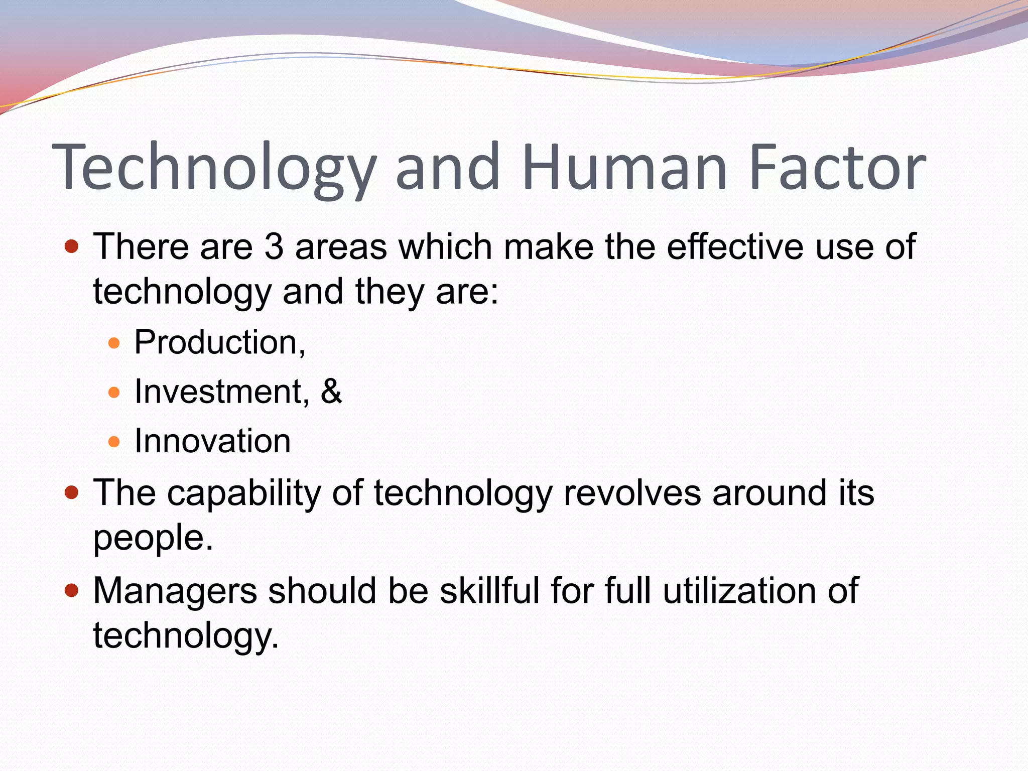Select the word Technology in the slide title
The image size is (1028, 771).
click(214, 168)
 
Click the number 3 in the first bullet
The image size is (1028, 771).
click(274, 246)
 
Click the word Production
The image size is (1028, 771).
click(217, 342)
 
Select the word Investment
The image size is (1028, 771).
click(219, 392)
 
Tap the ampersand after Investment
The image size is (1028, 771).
click(331, 392)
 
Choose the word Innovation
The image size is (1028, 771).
click(212, 441)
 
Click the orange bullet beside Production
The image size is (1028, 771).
click(114, 343)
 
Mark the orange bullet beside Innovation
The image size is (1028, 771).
click(114, 442)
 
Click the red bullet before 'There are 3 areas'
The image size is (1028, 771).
click(72, 246)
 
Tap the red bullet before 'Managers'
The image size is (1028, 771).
click(72, 590)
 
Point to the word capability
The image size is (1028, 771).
click(243, 493)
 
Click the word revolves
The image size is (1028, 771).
click(632, 493)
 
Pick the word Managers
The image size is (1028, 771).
click(175, 590)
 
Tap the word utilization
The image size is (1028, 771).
click(739, 590)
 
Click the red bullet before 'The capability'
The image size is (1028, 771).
click(72, 492)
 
